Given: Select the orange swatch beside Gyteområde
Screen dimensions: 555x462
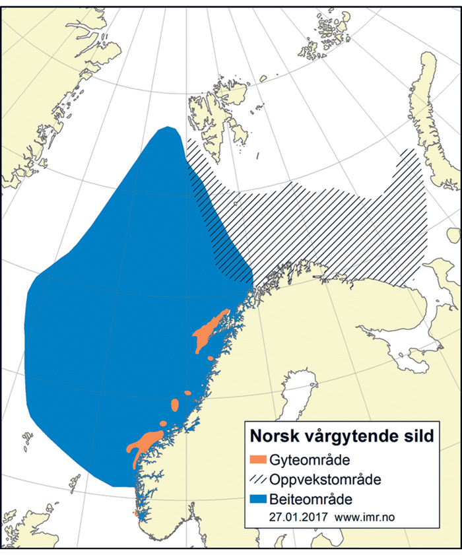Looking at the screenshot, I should [259, 459].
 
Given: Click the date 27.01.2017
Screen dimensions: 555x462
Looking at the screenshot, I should [296, 515].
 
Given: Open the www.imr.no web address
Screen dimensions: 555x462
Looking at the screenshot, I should [366, 515].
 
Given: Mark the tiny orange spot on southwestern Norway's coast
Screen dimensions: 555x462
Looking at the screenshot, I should [136, 513].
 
